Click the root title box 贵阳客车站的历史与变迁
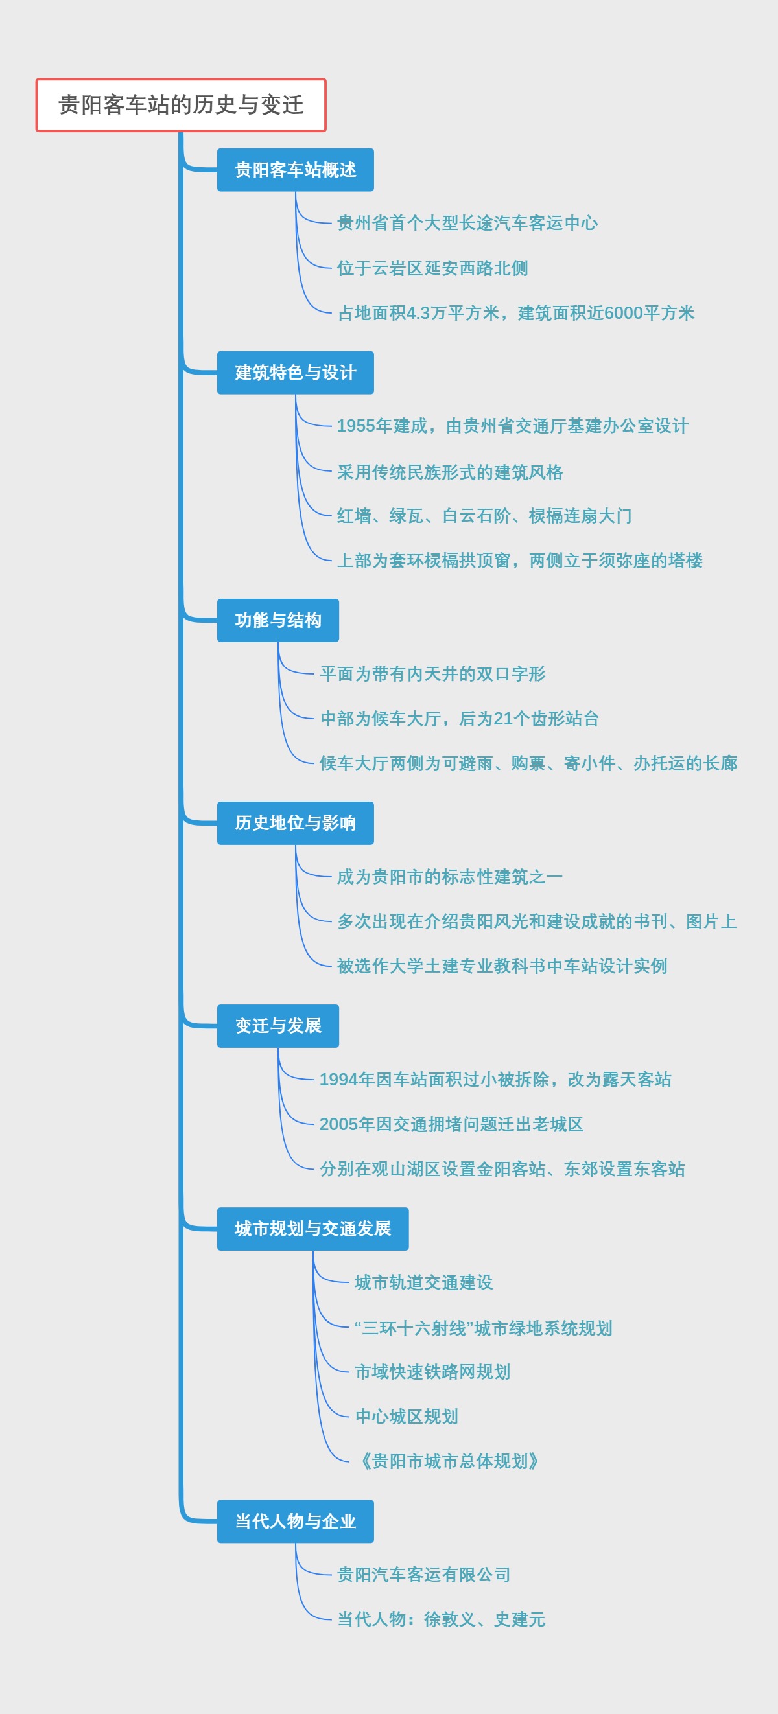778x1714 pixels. click(180, 105)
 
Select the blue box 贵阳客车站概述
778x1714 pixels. click(295, 170)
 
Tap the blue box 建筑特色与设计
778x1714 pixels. click(295, 373)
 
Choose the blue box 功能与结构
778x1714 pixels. click(277, 620)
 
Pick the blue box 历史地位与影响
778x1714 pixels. click(295, 823)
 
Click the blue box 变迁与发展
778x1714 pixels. click(277, 1026)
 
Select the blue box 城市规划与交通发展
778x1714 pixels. click(312, 1229)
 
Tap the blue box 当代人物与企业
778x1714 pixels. click(295, 1521)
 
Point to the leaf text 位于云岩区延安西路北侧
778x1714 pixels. click(432, 268)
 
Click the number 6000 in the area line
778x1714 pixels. click(624, 313)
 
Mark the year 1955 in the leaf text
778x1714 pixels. click(355, 426)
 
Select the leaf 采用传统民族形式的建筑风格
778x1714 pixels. click(449, 472)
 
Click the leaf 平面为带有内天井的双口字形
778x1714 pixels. click(432, 674)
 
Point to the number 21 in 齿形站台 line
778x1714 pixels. click(503, 719)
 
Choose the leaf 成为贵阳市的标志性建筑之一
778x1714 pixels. click(449, 877)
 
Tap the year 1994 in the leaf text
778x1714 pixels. click(338, 1079)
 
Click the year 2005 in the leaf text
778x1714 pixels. click(338, 1124)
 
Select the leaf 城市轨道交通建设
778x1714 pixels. click(423, 1282)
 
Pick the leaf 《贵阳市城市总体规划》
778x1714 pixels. click(449, 1461)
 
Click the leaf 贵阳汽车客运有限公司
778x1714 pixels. click(423, 1574)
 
